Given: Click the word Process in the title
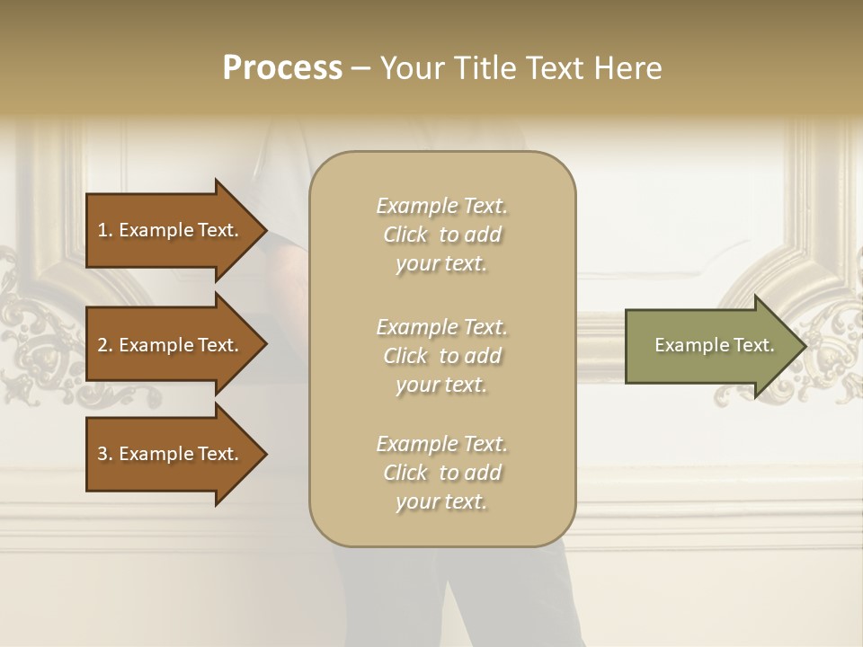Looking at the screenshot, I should pyautogui.click(x=282, y=68).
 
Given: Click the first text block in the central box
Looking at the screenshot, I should pyautogui.click(x=441, y=235).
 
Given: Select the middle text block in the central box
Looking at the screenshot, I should pyautogui.click(x=441, y=356).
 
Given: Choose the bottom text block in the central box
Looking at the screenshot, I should pyautogui.click(x=441, y=473).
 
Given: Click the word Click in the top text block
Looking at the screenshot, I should pyautogui.click(x=405, y=235).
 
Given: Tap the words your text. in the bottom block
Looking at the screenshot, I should pyautogui.click(x=441, y=502).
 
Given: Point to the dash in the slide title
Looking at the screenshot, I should pyautogui.click(x=360, y=69).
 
